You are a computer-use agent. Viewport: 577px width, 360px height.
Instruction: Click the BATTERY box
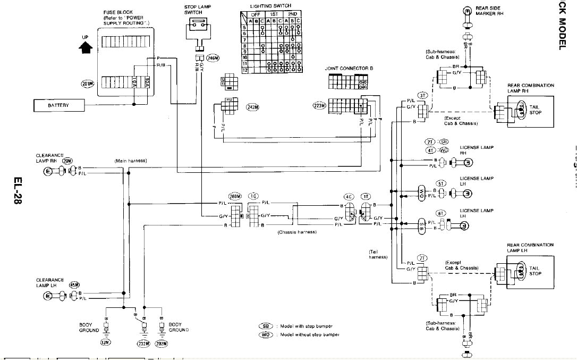pyautogui.click(x=58, y=105)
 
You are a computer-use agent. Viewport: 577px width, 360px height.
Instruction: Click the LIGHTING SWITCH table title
pyautogui.click(x=270, y=6)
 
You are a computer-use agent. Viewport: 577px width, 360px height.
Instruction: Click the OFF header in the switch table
pyautogui.click(x=256, y=14)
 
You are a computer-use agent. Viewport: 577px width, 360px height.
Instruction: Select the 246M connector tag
pyautogui.click(x=213, y=58)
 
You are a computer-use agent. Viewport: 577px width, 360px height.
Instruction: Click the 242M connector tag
pyautogui.click(x=253, y=107)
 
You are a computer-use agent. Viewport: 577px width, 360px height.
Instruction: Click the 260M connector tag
pyautogui.click(x=235, y=196)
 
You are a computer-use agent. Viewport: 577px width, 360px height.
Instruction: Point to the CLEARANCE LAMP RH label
pyautogui.click(x=49, y=158)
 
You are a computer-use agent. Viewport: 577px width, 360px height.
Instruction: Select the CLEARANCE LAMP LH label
pyautogui.click(x=49, y=282)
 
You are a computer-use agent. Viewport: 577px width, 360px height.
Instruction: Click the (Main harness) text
pyautogui.click(x=130, y=161)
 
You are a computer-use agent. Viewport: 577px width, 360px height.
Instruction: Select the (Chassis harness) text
pyautogui.click(x=297, y=232)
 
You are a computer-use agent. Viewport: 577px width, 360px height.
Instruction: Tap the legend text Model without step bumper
pyautogui.click(x=309, y=334)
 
